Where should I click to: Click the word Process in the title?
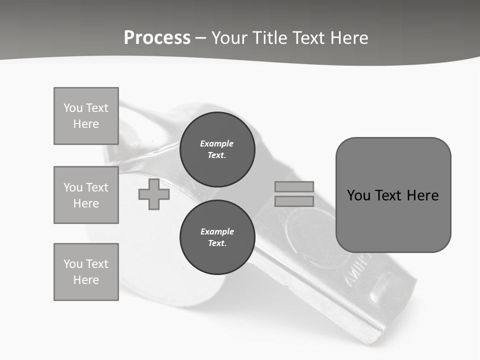157,38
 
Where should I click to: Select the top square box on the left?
86,116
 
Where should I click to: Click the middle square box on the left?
86,195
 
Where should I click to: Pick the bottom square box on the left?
86,272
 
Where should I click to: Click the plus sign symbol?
154,194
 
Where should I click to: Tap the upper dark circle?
217,149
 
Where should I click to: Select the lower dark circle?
217,237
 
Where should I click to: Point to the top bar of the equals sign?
294,187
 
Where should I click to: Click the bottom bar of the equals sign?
294,201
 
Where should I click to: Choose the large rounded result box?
393,195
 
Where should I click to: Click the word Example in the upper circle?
217,143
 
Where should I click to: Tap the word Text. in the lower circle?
217,243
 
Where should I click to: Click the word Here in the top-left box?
86,124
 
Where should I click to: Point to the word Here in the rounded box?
422,195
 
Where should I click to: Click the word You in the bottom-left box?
72,264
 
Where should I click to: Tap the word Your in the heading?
230,38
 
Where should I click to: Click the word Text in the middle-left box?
96,187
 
